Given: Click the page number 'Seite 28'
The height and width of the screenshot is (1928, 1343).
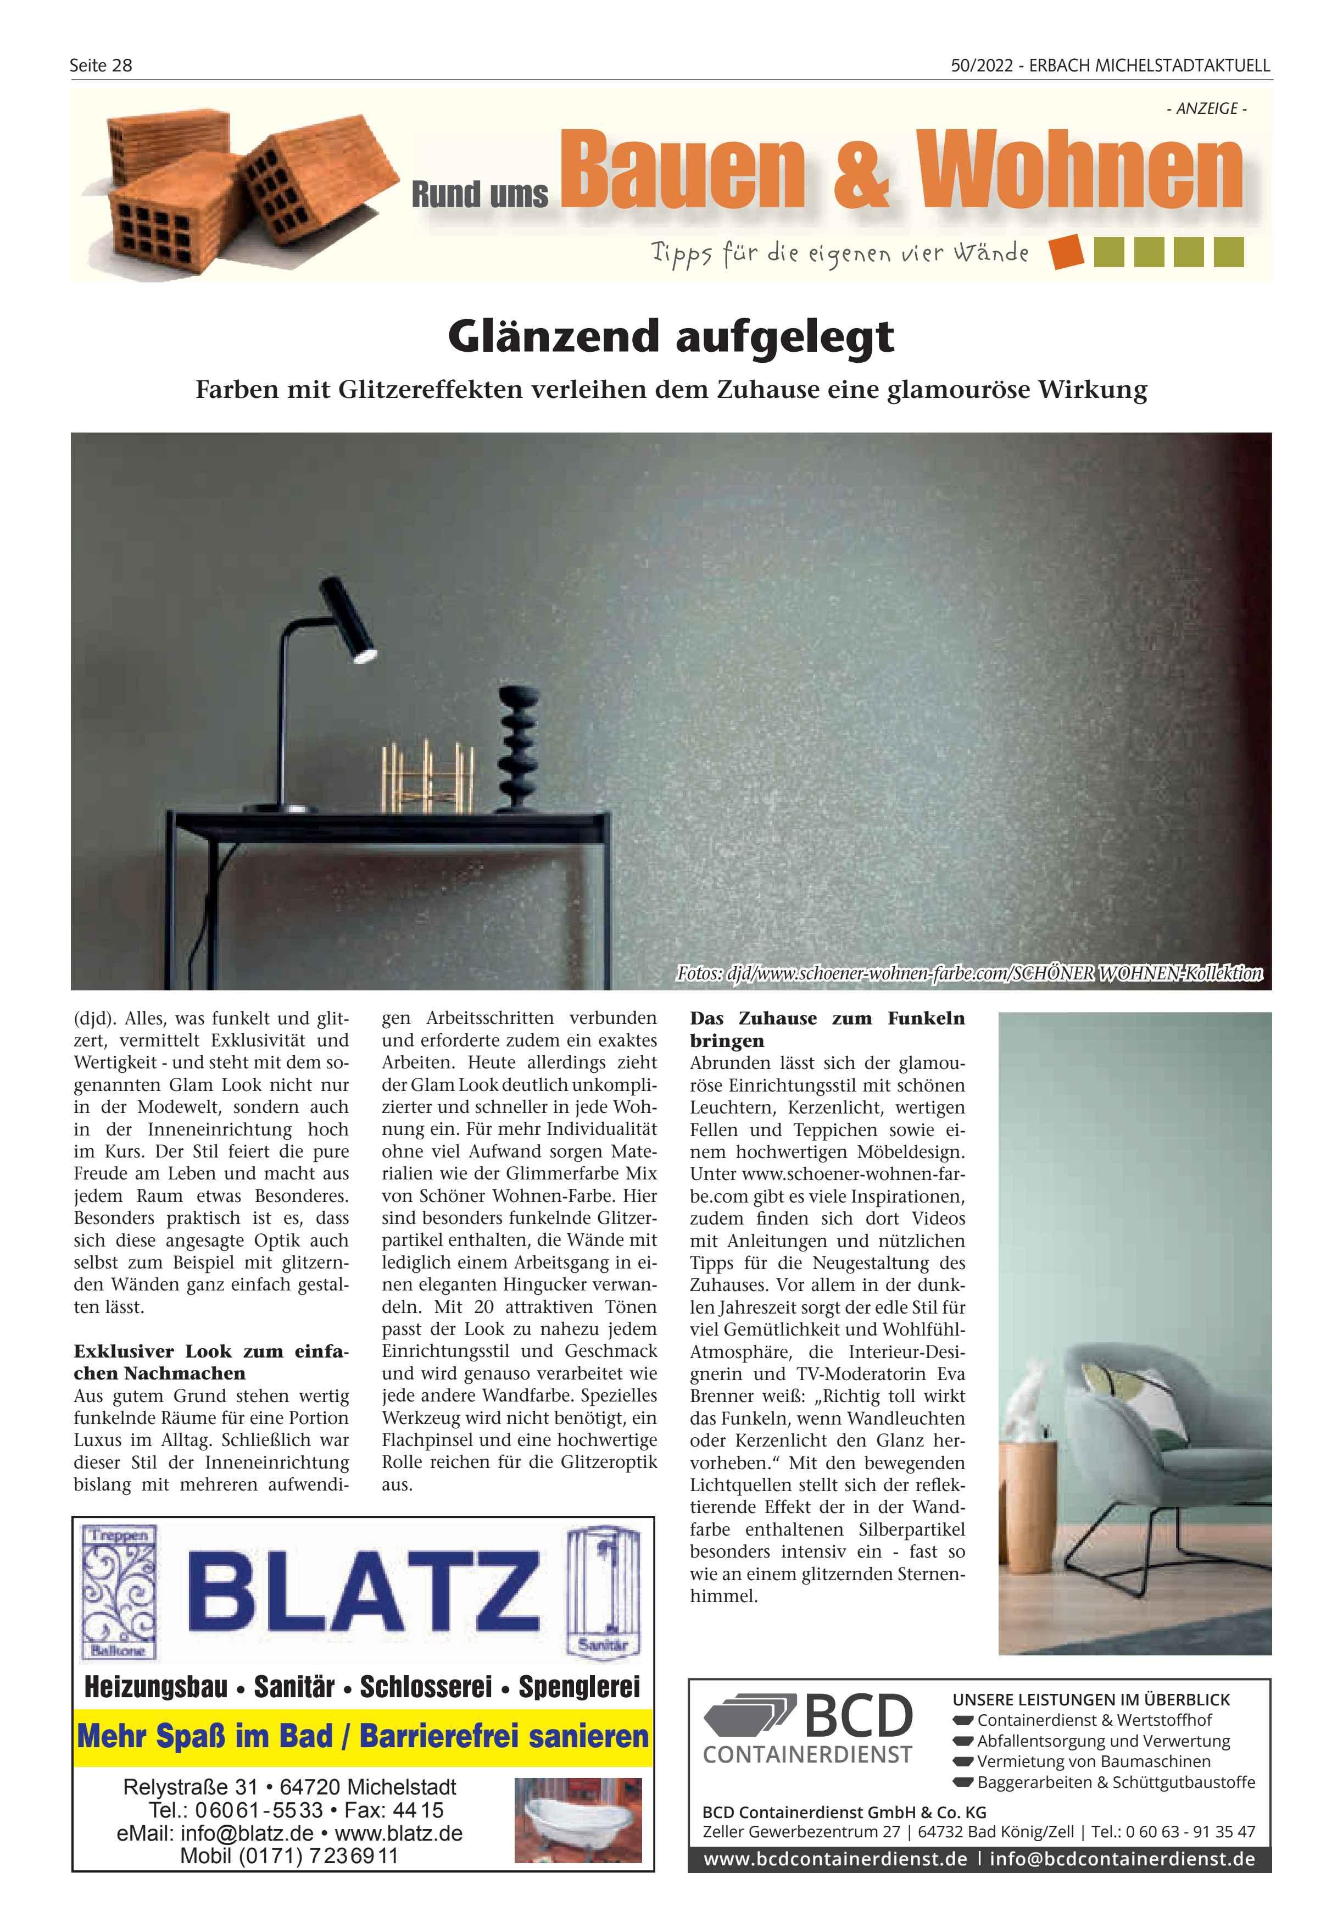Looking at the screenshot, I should click(x=101, y=65).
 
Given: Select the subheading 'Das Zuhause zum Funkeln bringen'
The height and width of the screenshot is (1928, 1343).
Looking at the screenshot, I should click(x=827, y=1029).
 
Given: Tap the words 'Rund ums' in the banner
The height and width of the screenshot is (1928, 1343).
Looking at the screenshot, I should click(x=480, y=194).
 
